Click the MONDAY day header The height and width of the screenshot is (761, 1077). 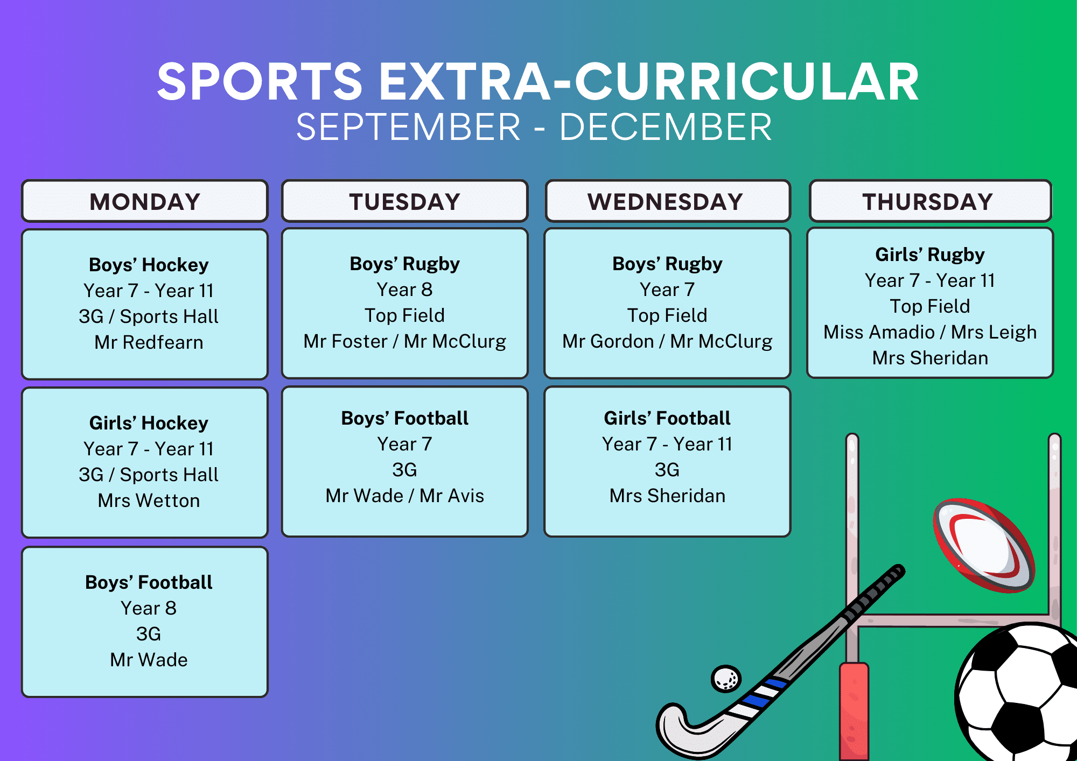pyautogui.click(x=145, y=201)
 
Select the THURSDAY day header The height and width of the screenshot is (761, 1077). pyautogui.click(x=930, y=201)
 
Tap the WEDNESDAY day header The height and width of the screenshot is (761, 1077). pyautogui.click(x=668, y=201)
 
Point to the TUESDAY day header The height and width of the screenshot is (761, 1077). pyautogui.click(x=404, y=201)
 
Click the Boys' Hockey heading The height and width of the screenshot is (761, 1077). pyautogui.click(x=149, y=265)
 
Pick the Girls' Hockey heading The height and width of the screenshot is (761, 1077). pyautogui.click(x=149, y=423)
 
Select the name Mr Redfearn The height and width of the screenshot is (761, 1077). pyautogui.click(x=149, y=342)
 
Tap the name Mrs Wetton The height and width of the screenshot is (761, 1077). pyautogui.click(x=149, y=501)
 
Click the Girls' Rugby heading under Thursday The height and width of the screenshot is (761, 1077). pyautogui.click(x=930, y=255)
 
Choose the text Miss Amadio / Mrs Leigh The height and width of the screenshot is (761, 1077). pyautogui.click(x=930, y=332)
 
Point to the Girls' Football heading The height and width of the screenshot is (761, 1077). pyautogui.click(x=667, y=418)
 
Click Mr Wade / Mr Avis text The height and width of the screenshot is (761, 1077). pyautogui.click(x=404, y=496)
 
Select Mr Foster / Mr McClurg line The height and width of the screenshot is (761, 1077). pyautogui.click(x=404, y=341)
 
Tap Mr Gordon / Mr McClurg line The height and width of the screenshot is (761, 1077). pyautogui.click(x=667, y=341)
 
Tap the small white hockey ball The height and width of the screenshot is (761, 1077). pyautogui.click(x=726, y=679)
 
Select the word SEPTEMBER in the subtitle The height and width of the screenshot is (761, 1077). pyautogui.click(x=408, y=128)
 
